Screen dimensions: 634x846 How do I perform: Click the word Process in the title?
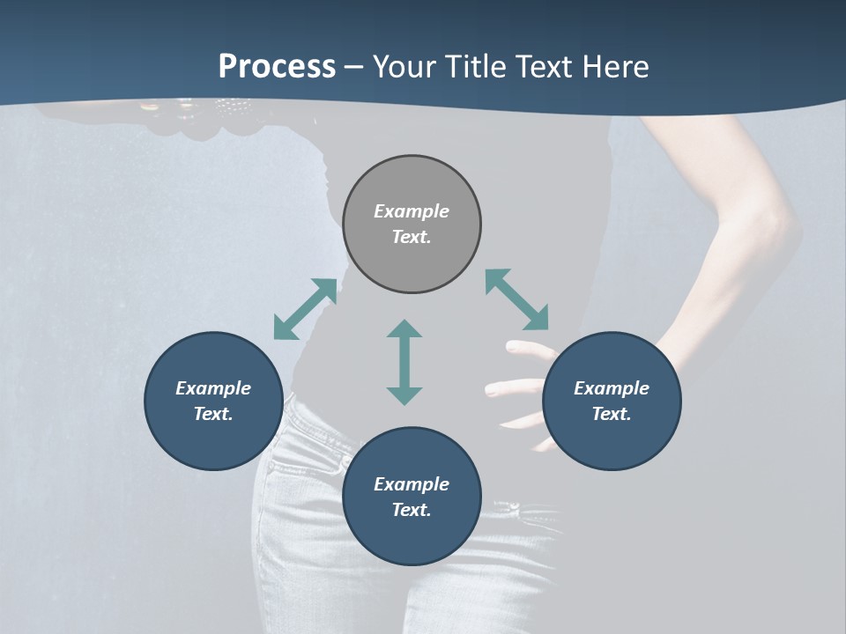[x=277, y=67]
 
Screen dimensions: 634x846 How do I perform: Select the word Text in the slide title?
[x=544, y=67]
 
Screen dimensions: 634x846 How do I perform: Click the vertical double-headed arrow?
[x=404, y=362]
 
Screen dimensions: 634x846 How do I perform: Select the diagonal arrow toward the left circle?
[x=305, y=309]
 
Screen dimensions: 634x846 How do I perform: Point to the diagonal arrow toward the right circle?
[x=516, y=299]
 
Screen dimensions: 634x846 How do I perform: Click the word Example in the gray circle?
[x=412, y=211]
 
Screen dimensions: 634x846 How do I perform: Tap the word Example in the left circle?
[x=213, y=388]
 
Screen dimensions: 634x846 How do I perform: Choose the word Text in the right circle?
[x=612, y=414]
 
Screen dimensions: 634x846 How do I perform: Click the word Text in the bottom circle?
[x=412, y=510]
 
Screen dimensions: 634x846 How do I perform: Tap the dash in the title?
[x=354, y=67]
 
